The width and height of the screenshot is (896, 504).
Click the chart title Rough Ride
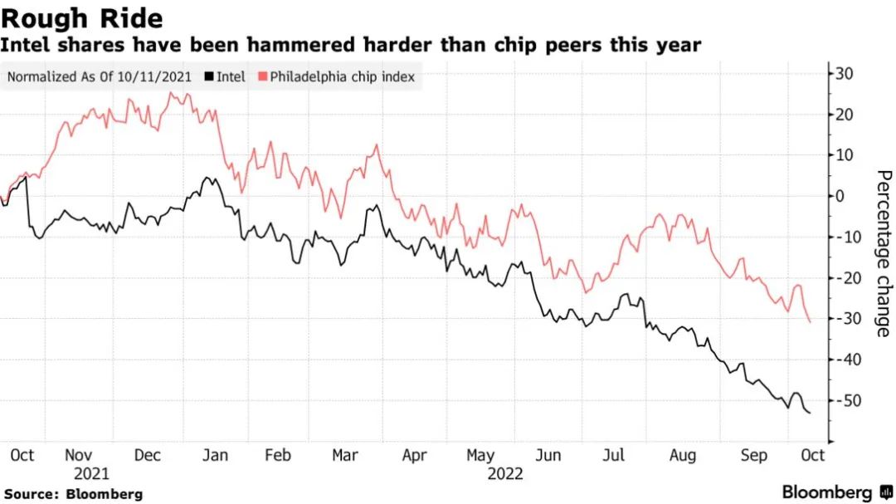[x=81, y=18]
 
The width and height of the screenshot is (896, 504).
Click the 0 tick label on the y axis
[x=839, y=196]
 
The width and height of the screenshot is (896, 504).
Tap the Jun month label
[x=548, y=455]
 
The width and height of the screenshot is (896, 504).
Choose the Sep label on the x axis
[x=753, y=455]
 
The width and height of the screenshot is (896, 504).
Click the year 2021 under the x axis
[x=92, y=474]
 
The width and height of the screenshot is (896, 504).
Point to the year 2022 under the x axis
[x=505, y=474]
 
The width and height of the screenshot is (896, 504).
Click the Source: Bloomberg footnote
[x=73, y=494]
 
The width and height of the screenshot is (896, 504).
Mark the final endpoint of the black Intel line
[x=810, y=413]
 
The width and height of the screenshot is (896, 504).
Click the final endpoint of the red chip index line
[x=810, y=321]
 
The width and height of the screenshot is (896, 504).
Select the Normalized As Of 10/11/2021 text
[x=100, y=77]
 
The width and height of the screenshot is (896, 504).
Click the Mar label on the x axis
[x=344, y=455]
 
